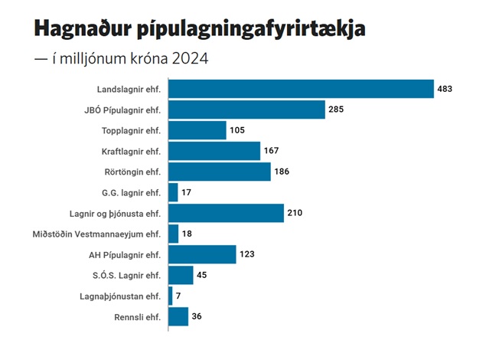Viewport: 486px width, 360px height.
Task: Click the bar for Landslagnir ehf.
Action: [x=300, y=89]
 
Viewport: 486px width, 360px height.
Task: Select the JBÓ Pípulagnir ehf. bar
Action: [x=246, y=110]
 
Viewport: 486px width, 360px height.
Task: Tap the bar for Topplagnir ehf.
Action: [x=197, y=130]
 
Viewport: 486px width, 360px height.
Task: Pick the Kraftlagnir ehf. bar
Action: [x=214, y=151]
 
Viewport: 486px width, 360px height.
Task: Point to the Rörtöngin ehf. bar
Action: [x=219, y=172]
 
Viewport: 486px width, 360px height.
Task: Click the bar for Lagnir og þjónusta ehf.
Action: [x=226, y=213]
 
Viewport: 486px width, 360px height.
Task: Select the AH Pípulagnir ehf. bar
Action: [x=202, y=254]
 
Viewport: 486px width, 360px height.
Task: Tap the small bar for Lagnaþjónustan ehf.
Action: [x=170, y=296]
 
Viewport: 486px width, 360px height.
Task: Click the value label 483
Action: [x=445, y=89]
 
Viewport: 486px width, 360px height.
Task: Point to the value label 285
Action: [x=337, y=110]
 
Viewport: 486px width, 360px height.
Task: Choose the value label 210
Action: [x=295, y=213]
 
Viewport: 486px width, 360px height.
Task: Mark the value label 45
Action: [x=203, y=275]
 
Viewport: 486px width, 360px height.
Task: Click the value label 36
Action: [x=197, y=316]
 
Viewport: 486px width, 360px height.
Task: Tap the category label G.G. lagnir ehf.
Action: [x=132, y=192]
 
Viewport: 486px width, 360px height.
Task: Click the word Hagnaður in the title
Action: [x=84, y=30]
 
